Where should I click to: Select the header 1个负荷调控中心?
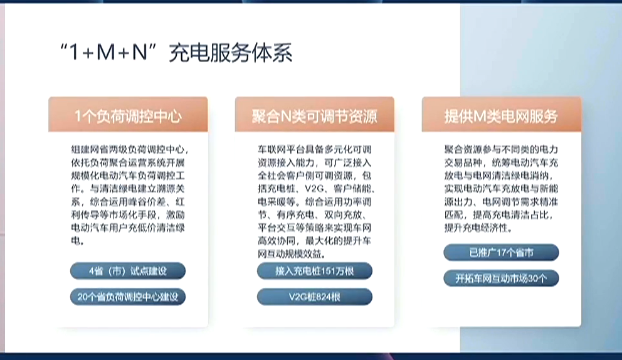128,116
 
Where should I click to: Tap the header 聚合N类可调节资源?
314,116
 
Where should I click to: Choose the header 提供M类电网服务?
500,116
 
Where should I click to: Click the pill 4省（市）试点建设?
128,271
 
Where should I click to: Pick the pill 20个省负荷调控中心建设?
128,297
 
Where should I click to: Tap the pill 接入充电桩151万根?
314,271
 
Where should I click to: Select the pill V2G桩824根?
314,297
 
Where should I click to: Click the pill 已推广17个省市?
501,253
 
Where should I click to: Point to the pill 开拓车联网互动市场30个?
501,278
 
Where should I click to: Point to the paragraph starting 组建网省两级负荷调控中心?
128,194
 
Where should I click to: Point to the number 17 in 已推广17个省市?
499,253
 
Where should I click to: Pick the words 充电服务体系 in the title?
230,54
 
